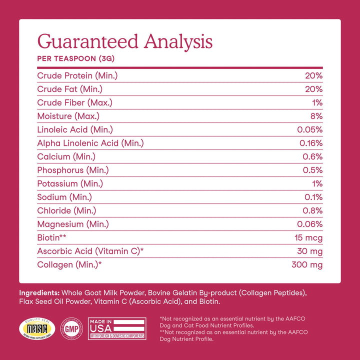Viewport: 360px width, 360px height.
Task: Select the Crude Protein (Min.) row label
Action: point(77,75)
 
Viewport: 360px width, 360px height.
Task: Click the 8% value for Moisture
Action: point(315,116)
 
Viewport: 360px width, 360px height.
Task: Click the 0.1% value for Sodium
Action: point(312,197)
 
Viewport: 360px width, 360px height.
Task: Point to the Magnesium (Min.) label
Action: point(73,224)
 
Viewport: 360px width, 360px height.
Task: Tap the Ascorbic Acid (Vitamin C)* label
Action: point(90,251)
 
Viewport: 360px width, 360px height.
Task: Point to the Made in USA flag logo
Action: point(117,328)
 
